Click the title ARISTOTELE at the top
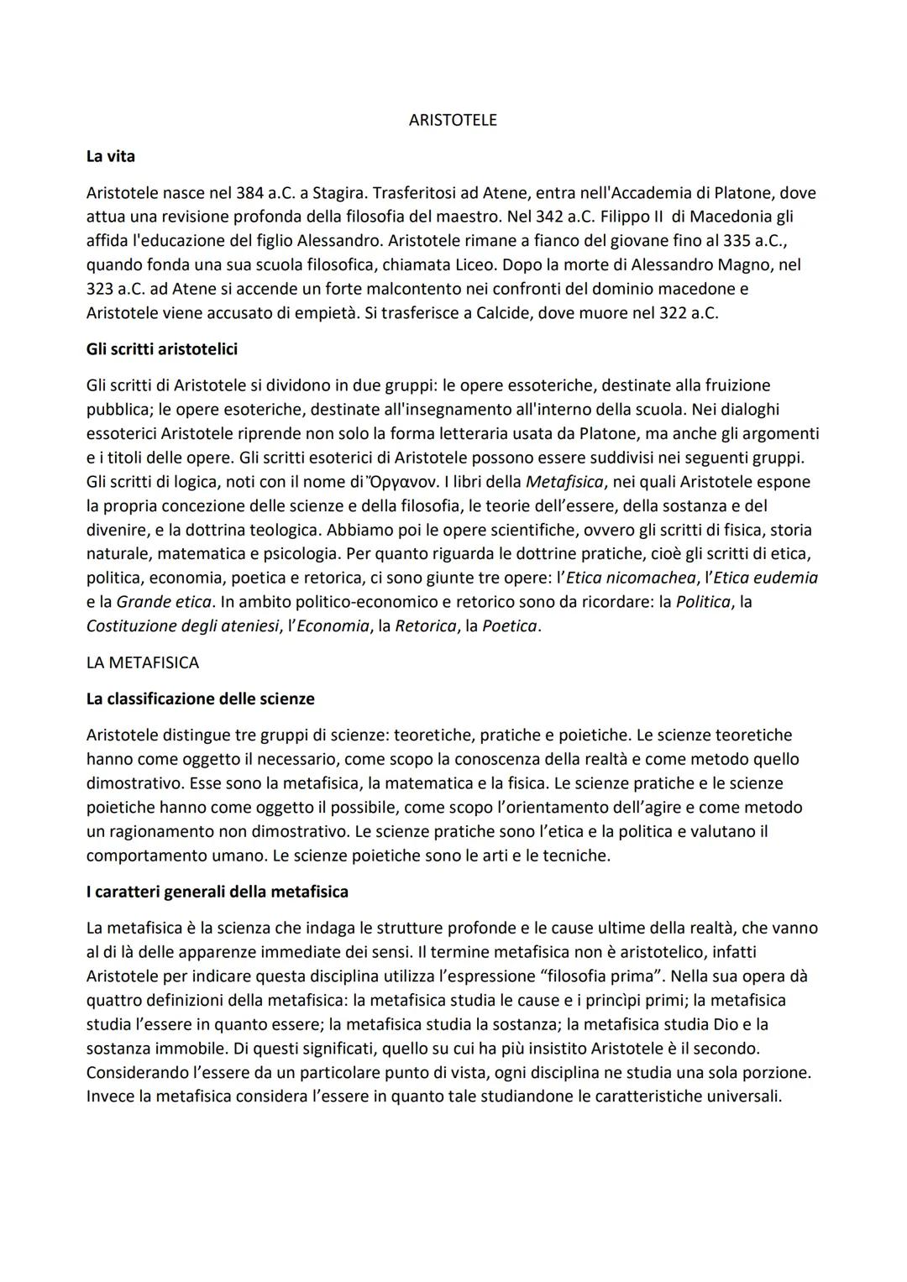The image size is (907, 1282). pyautogui.click(x=452, y=120)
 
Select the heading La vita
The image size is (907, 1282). pyautogui.click(x=110, y=156)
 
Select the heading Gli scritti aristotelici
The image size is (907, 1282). pyautogui.click(x=161, y=349)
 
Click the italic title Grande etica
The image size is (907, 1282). pyautogui.click(x=164, y=602)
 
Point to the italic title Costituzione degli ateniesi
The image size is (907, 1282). pyautogui.click(x=182, y=626)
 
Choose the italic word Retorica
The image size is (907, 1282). pyautogui.click(x=425, y=626)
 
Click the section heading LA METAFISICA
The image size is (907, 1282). pyautogui.click(x=142, y=662)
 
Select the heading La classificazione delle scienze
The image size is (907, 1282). pyautogui.click(x=200, y=699)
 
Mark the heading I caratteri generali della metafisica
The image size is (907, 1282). pyautogui.click(x=217, y=892)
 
